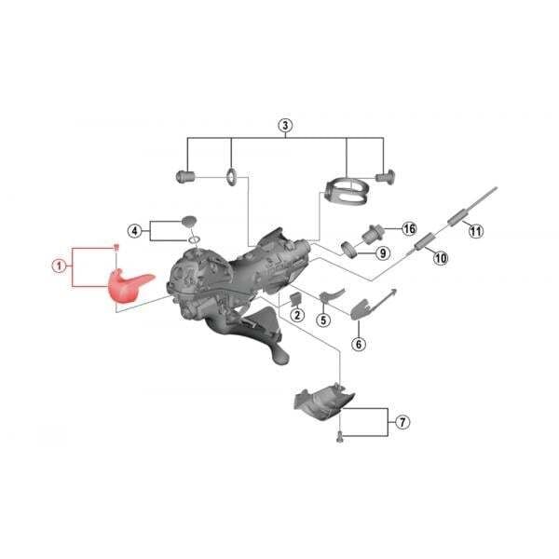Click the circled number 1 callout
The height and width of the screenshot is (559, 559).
point(60,266)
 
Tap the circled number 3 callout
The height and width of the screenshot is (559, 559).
point(285,126)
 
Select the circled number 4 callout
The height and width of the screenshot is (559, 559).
point(134,231)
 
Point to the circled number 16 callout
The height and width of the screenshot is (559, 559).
point(409,228)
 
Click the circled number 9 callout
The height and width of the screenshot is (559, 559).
point(383,253)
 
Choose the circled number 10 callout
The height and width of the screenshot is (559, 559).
point(441,257)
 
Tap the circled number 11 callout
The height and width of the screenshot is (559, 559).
point(476,231)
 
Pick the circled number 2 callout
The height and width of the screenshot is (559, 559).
point(297,315)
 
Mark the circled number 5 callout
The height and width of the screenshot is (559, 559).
point(323,320)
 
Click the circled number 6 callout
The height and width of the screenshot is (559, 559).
point(359,344)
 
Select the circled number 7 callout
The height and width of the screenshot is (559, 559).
point(402,422)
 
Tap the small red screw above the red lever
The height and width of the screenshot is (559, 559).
point(116,247)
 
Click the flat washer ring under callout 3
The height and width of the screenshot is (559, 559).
point(231,177)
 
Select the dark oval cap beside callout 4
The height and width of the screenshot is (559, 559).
point(189,220)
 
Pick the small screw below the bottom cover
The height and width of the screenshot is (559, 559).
point(340,436)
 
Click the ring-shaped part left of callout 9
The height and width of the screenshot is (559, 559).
point(349,249)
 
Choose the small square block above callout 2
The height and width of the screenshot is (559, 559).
point(296,299)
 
